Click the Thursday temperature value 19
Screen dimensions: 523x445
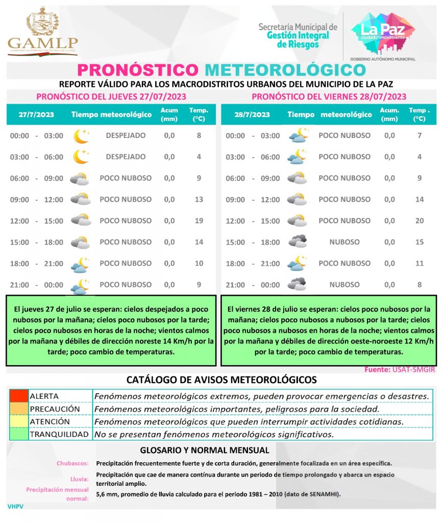pyautogui.click(x=199, y=221)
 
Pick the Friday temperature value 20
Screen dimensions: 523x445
pyautogui.click(x=419, y=221)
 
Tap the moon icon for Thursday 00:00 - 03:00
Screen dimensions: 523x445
pyautogui.click(x=80, y=136)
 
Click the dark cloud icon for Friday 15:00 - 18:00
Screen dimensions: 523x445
pyautogui.click(x=296, y=242)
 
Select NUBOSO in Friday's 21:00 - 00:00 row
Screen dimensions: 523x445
pyautogui.click(x=344, y=284)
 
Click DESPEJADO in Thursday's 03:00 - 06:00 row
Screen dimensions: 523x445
pyautogui.click(x=126, y=157)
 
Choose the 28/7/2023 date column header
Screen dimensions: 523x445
pyautogui.click(x=252, y=115)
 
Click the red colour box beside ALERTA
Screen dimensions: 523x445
pyautogui.click(x=19, y=396)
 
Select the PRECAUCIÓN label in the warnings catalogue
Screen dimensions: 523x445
pyautogui.click(x=55, y=409)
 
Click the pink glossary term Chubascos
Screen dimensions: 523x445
pyautogui.click(x=72, y=464)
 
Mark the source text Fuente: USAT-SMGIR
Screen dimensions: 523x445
pyautogui.click(x=400, y=370)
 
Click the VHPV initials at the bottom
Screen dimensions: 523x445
pyautogui.click(x=15, y=506)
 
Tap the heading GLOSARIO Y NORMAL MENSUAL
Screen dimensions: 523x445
pyautogui.click(x=204, y=450)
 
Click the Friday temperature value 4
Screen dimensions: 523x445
pyautogui.click(x=419, y=157)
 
